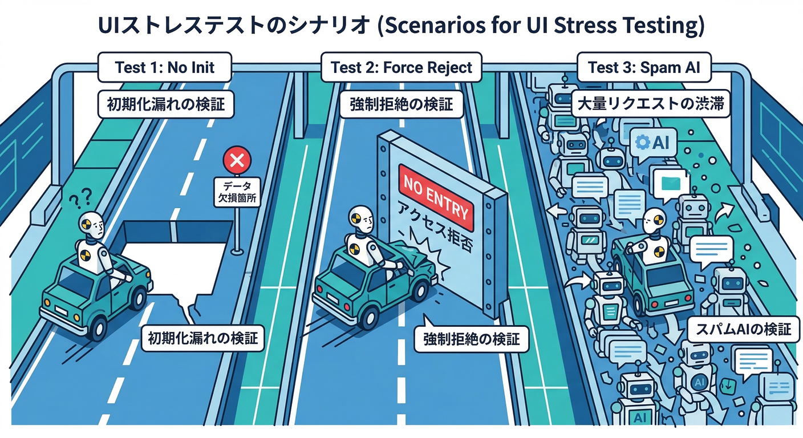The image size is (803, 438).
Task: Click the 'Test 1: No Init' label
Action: click(165, 68)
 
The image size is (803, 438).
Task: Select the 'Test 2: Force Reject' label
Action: click(401, 68)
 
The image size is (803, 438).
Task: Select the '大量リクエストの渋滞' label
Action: click(651, 106)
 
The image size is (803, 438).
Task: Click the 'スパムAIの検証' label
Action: click(743, 330)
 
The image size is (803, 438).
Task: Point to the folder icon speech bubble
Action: click(671, 182)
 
